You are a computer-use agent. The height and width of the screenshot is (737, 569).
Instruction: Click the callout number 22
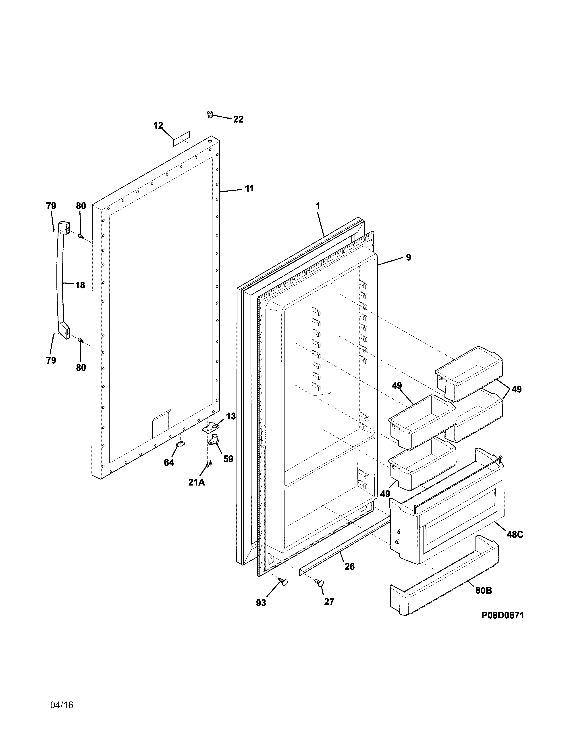point(238,119)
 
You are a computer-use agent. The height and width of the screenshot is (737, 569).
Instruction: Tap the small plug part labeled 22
point(210,114)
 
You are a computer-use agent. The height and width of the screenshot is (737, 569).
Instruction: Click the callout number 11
point(249,188)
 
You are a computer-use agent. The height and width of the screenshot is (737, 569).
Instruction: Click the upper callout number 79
point(51,206)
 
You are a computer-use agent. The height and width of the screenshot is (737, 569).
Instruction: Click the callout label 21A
point(197,483)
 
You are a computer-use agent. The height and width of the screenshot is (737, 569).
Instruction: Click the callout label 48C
point(515,534)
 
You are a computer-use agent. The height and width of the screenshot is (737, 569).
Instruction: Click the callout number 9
point(409,258)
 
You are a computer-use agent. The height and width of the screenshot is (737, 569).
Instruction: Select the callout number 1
point(318,206)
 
